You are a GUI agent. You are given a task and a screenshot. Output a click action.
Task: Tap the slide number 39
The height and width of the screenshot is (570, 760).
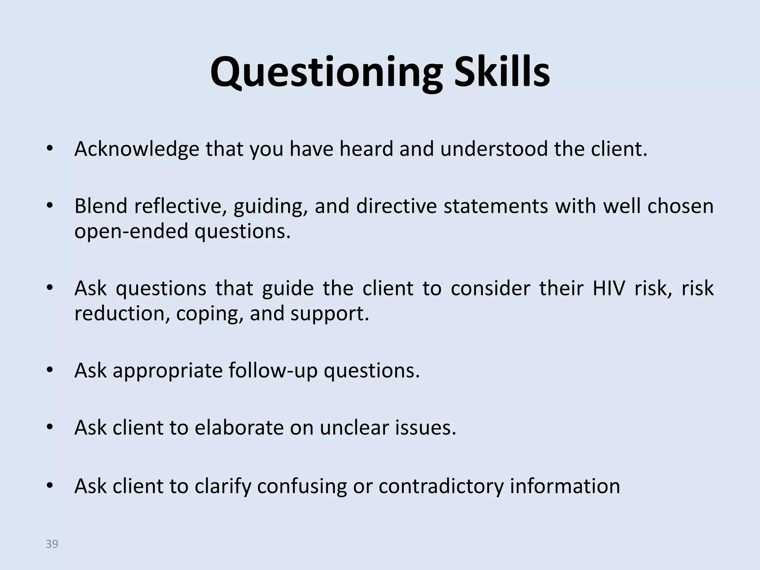[x=52, y=544]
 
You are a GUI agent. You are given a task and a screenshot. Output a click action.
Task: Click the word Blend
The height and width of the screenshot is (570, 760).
[x=101, y=206]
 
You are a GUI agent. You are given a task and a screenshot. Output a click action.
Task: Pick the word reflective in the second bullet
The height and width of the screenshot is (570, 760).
[x=181, y=206]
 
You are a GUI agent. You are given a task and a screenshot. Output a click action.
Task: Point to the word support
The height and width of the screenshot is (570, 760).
[x=330, y=314]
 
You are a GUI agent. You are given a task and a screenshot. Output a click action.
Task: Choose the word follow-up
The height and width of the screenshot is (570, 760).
[x=273, y=371]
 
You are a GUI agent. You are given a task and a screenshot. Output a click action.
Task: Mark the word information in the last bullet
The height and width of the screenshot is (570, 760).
[x=565, y=486]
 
